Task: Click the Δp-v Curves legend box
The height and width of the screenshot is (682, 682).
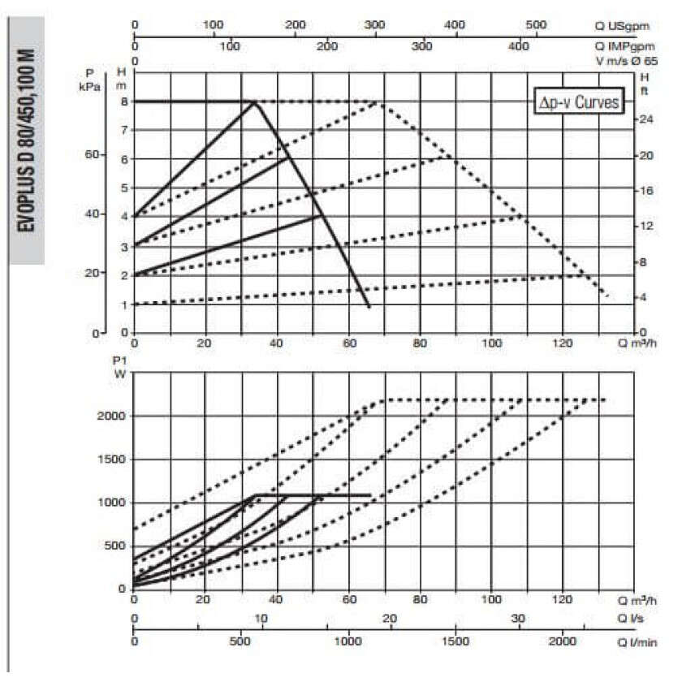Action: [x=579, y=102]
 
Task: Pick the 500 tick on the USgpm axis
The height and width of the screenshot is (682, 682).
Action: [x=535, y=25]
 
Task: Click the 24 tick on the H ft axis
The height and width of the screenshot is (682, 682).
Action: [x=647, y=119]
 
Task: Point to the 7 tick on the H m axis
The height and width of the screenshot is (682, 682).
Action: [x=124, y=130]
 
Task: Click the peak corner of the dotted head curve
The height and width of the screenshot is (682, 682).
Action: [x=378, y=101]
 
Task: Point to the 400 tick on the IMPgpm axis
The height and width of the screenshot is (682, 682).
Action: [x=519, y=47]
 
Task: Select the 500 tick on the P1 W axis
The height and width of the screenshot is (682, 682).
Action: [x=116, y=546]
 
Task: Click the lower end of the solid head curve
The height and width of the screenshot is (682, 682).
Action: [x=369, y=307]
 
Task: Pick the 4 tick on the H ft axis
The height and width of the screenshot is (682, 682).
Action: [x=644, y=297]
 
